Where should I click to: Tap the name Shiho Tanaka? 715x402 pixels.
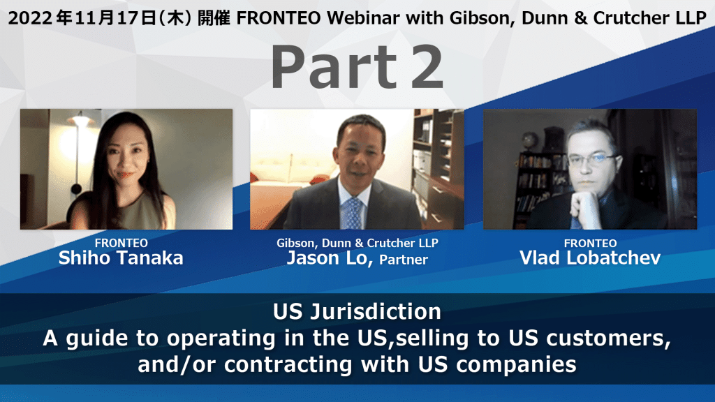click(x=121, y=258)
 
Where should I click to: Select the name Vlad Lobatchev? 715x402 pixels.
click(x=590, y=258)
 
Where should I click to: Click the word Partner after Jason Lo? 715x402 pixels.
click(x=404, y=260)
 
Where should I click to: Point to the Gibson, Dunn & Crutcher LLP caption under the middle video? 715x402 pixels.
click(x=357, y=243)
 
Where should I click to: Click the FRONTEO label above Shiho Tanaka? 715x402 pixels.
click(x=121, y=243)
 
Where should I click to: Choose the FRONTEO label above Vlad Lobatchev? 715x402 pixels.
click(x=591, y=244)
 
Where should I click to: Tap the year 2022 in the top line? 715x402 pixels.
click(x=30, y=18)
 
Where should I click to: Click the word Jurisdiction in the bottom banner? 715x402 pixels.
click(x=376, y=312)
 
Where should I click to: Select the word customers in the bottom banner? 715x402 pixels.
click(x=608, y=338)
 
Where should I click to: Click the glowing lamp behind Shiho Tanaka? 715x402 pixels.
click(x=81, y=120)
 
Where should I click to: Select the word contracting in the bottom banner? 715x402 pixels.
click(x=288, y=364)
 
